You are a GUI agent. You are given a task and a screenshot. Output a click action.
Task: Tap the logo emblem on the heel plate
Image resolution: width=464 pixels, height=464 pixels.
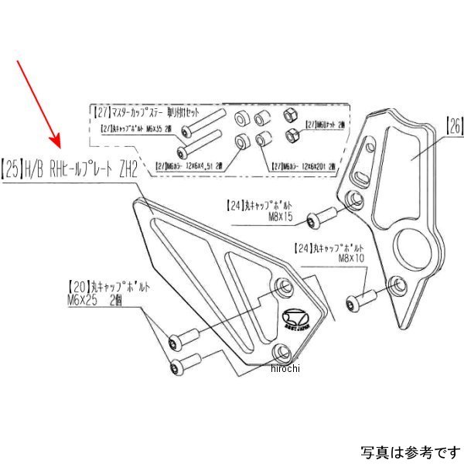pyautogui.click(x=292, y=319)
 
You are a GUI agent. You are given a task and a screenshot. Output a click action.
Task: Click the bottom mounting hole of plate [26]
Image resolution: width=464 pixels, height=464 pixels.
pyautogui.click(x=397, y=284)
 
